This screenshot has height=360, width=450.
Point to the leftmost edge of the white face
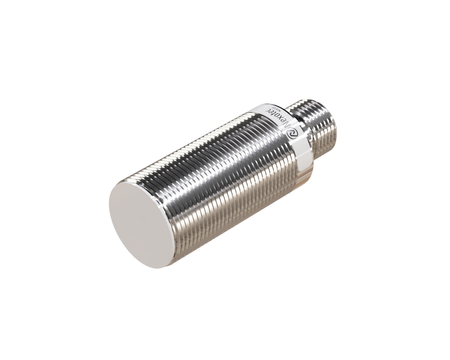point(108,205)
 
